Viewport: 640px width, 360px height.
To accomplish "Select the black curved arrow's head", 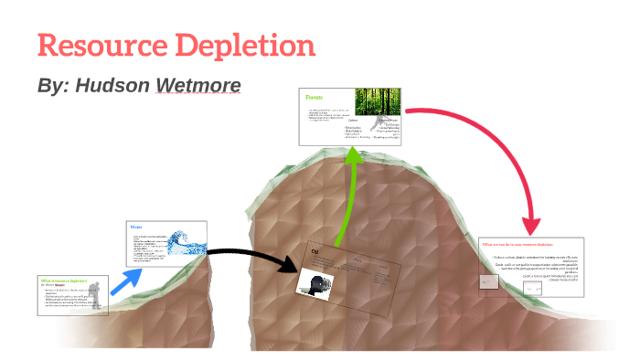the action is coord(292,266).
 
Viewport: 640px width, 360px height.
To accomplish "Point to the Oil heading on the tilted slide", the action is coord(315,251).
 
